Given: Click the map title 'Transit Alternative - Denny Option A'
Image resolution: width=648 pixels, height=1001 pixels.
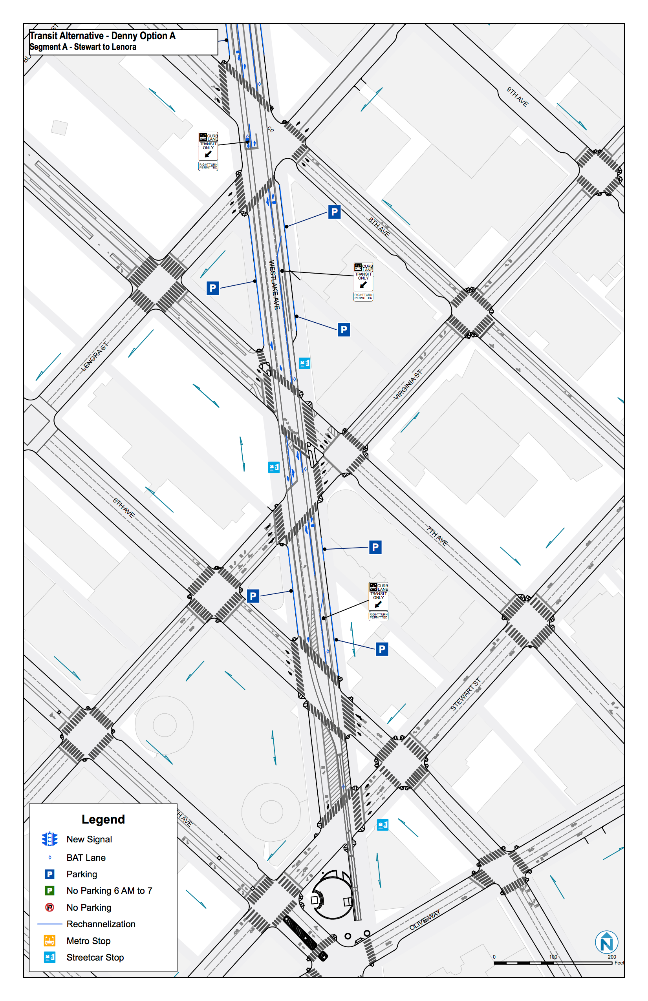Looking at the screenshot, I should [102, 36].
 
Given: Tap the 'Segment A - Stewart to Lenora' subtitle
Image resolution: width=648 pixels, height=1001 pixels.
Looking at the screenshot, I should [83, 47].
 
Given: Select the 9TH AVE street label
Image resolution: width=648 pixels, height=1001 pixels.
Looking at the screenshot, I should [517, 96].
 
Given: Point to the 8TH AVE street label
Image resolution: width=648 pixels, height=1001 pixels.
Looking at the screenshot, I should [379, 227].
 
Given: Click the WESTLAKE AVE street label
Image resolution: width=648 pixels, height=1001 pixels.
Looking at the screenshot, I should [275, 285].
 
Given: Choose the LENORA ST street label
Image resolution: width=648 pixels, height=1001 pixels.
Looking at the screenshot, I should [94, 357].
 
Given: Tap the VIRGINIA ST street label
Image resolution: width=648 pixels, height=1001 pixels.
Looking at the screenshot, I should [407, 385].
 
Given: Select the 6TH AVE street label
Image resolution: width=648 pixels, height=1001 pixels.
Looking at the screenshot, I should [123, 508].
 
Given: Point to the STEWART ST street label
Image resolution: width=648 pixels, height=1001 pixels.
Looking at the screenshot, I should [465, 695].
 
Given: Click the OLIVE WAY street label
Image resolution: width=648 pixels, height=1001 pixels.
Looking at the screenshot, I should [425, 919].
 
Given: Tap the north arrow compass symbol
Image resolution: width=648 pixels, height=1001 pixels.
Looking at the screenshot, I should [606, 943].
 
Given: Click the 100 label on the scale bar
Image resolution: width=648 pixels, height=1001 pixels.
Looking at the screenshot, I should [553, 957].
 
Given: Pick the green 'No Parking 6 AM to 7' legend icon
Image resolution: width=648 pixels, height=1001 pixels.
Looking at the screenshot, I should [49, 890].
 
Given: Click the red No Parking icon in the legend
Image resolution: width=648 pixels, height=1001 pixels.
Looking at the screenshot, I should [49, 907].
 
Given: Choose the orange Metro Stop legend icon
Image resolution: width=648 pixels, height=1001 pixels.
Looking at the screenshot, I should [49, 941].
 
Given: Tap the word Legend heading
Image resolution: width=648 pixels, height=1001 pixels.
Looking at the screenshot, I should [103, 819].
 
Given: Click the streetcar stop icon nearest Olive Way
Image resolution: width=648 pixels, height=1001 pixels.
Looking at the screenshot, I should [383, 825].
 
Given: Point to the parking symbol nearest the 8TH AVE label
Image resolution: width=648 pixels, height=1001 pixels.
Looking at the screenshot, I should [334, 212].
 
